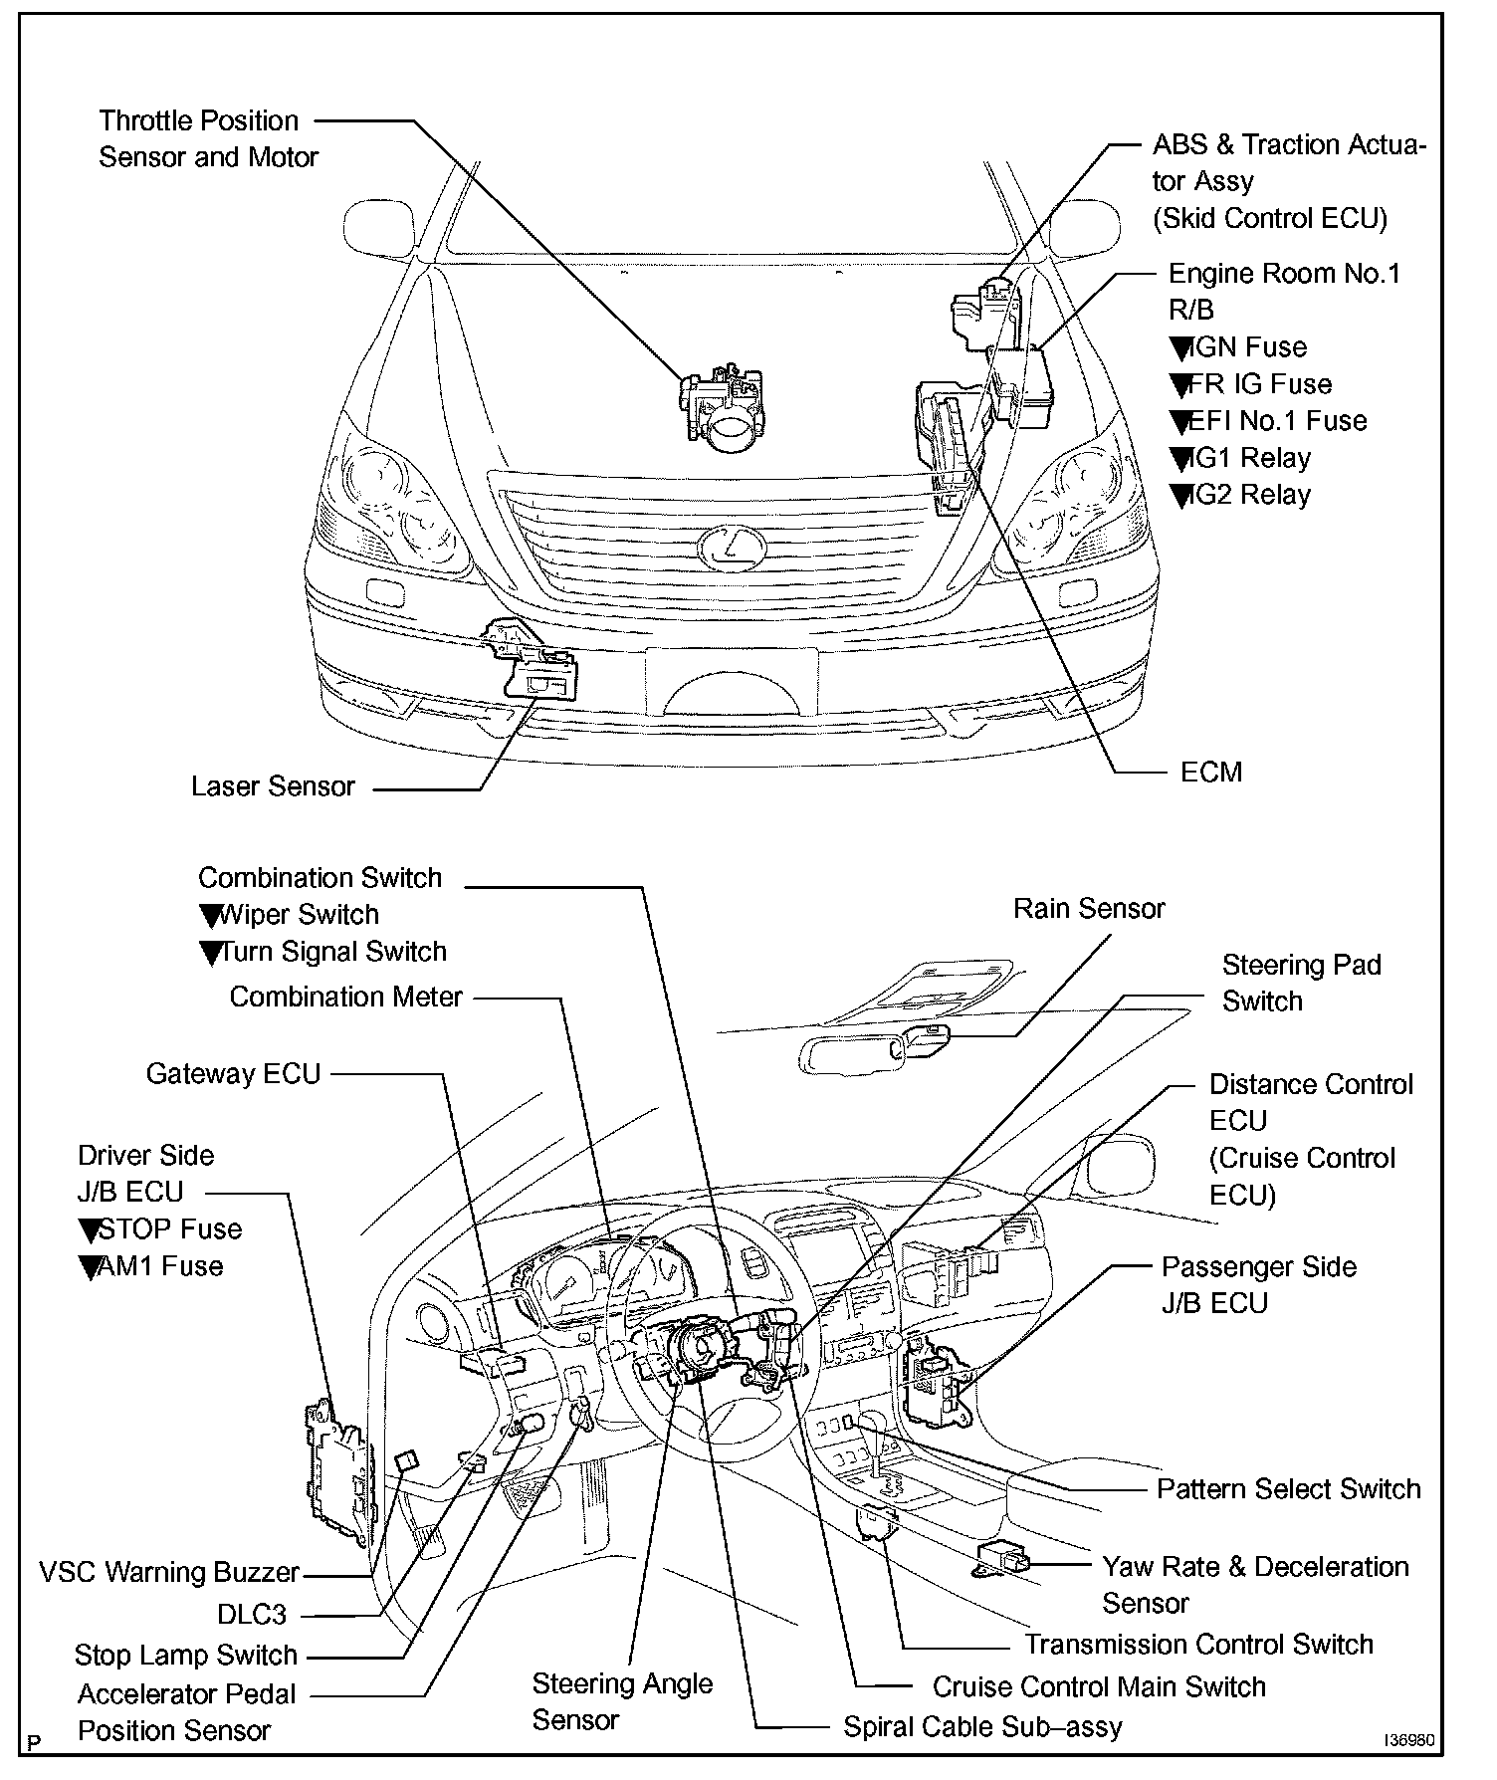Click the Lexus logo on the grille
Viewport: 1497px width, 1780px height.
pyautogui.click(x=732, y=547)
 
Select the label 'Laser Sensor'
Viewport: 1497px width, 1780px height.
pyautogui.click(x=273, y=786)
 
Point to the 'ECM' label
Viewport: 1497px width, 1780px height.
pyautogui.click(x=1210, y=772)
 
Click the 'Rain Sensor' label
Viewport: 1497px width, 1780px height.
pyautogui.click(x=1089, y=908)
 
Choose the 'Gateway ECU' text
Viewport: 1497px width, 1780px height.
pyautogui.click(x=233, y=1073)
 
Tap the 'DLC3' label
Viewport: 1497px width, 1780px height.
pyautogui.click(x=252, y=1614)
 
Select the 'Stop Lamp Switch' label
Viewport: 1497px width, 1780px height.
pyautogui.click(x=186, y=1655)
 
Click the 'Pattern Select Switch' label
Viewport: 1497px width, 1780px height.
pyautogui.click(x=1288, y=1488)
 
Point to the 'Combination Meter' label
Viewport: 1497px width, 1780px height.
pyautogui.click(x=345, y=997)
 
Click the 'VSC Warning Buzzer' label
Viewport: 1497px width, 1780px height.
pyautogui.click(x=169, y=1572)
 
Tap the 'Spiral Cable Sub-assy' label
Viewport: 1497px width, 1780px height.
pyautogui.click(x=982, y=1726)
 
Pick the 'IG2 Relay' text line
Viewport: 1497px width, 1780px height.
pyautogui.click(x=1249, y=495)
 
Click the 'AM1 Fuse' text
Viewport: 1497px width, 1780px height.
pyautogui.click(x=159, y=1266)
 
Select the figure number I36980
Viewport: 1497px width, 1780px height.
pyautogui.click(x=1409, y=1741)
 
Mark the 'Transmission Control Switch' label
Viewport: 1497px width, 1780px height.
pyautogui.click(x=1198, y=1644)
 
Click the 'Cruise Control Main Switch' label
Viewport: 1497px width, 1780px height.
pyautogui.click(x=1099, y=1686)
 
